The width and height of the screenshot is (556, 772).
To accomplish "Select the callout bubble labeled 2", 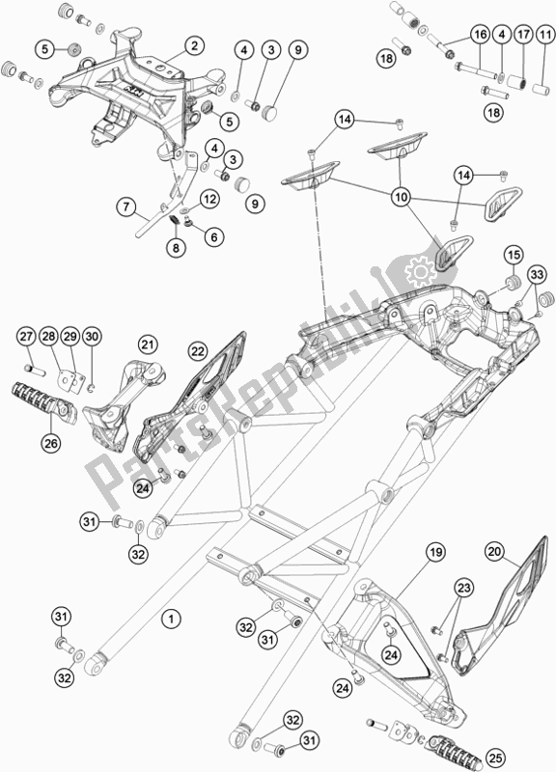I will click(x=194, y=45).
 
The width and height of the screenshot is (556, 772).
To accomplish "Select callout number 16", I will click(x=479, y=35).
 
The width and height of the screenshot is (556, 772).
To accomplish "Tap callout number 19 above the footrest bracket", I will click(x=434, y=552).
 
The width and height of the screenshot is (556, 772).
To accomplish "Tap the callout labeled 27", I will click(x=25, y=336).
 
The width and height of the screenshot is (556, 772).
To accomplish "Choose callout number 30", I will click(x=92, y=336).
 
